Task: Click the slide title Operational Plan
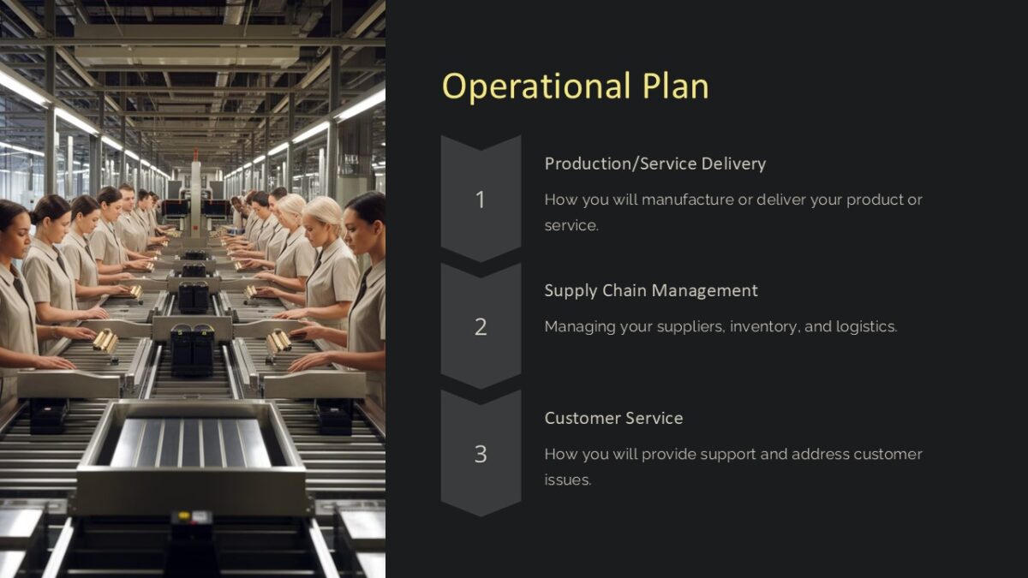coord(575,86)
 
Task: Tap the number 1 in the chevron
coord(481,200)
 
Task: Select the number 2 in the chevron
coord(481,326)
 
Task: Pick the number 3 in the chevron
coord(481,454)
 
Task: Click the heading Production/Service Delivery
coord(654,164)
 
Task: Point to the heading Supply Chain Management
coord(651,290)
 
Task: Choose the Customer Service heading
coord(613,418)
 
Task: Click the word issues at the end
coord(567,480)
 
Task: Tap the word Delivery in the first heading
coord(733,164)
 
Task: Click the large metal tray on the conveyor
coord(190,445)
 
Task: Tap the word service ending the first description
coord(571,225)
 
